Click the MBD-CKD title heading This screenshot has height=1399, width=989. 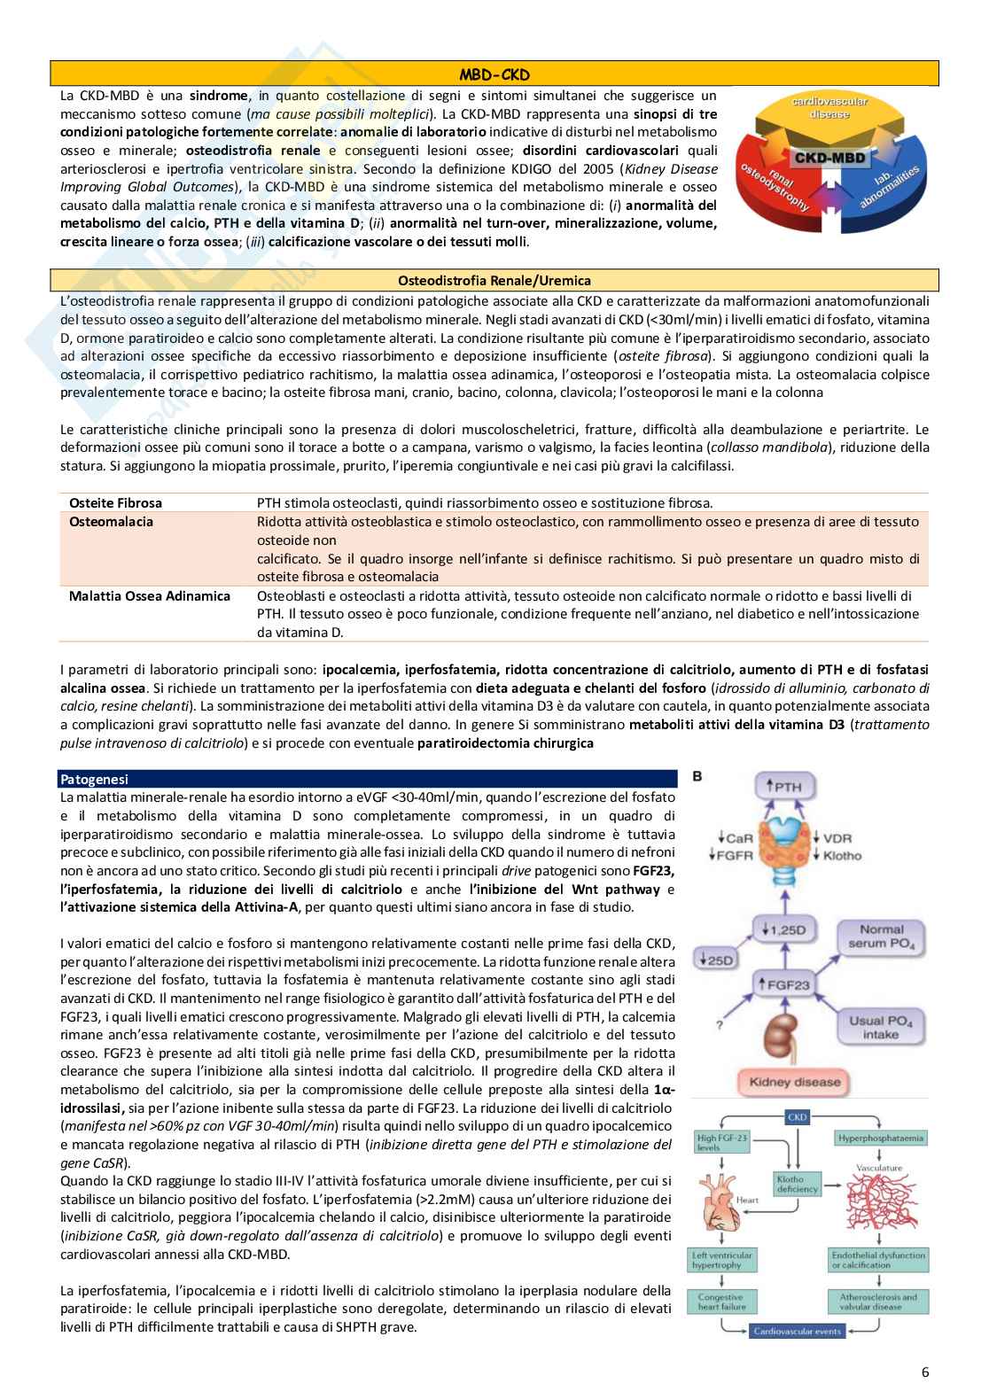click(x=494, y=74)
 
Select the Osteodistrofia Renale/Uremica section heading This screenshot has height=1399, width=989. click(x=494, y=281)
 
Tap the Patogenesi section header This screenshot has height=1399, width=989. click(x=94, y=779)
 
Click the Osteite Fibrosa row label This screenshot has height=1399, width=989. click(x=115, y=502)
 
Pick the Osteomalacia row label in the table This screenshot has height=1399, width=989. click(x=111, y=522)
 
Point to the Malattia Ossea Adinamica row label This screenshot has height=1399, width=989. click(x=149, y=595)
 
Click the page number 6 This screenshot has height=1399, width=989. click(x=925, y=1372)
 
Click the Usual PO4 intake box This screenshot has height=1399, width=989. click(x=879, y=1027)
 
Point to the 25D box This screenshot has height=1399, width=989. click(x=712, y=960)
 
